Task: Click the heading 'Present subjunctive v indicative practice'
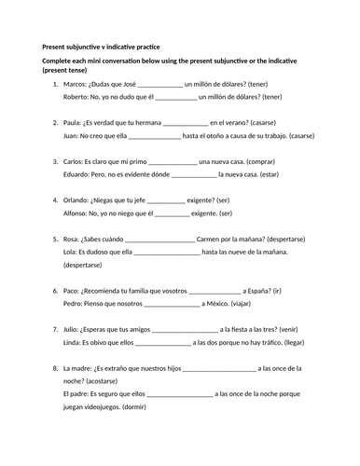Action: tap(104, 45)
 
